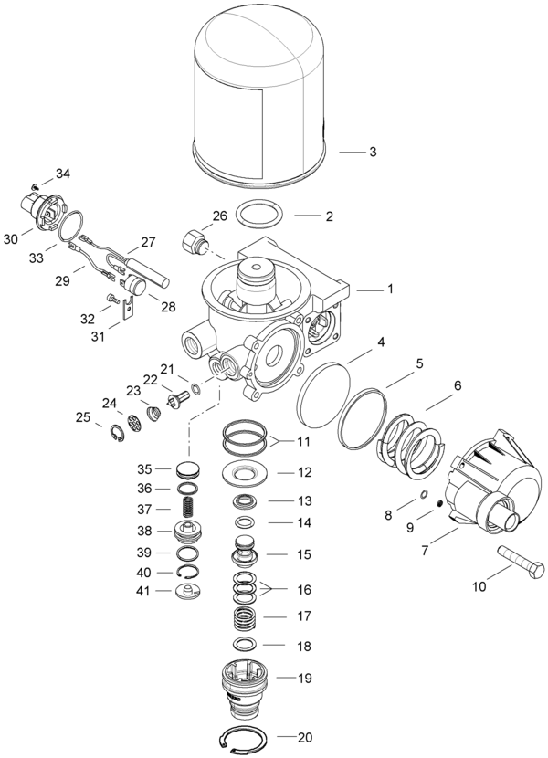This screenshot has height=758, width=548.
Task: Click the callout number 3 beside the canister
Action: [x=372, y=152]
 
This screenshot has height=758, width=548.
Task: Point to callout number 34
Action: [x=62, y=174]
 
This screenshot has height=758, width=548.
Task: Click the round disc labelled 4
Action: [x=327, y=393]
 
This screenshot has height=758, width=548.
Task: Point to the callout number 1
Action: [x=389, y=289]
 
